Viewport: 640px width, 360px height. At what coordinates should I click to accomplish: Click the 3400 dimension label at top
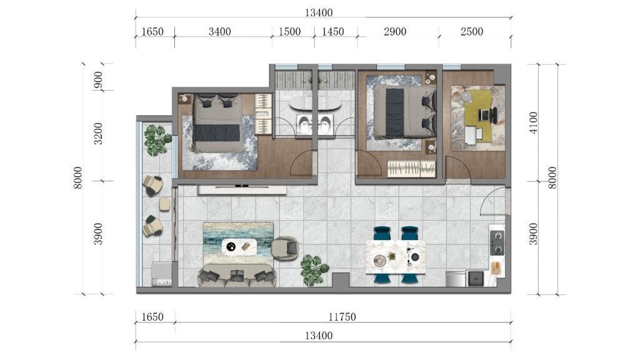pyautogui.click(x=219, y=31)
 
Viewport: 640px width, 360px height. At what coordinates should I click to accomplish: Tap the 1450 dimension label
pyautogui.click(x=332, y=31)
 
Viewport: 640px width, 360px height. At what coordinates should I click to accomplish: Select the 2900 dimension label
pyautogui.click(x=395, y=31)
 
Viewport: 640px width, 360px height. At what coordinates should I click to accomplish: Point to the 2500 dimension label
pyautogui.click(x=472, y=31)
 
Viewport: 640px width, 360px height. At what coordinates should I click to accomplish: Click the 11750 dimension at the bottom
pyautogui.click(x=342, y=317)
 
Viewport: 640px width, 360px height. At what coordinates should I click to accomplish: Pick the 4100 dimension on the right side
pyautogui.click(x=533, y=122)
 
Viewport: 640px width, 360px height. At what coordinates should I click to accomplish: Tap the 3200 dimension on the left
pyautogui.click(x=98, y=134)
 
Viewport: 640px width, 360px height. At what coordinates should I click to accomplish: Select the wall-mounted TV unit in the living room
pyautogui.click(x=242, y=190)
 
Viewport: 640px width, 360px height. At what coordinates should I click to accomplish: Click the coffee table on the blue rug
pyautogui.click(x=239, y=246)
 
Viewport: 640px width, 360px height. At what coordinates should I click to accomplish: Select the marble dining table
pyautogui.click(x=396, y=257)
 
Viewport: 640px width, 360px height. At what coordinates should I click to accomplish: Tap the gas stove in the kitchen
pyautogui.click(x=497, y=242)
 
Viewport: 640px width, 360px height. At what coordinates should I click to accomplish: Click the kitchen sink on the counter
pyautogui.click(x=476, y=279)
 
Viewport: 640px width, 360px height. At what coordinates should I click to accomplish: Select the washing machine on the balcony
pyautogui.click(x=162, y=274)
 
